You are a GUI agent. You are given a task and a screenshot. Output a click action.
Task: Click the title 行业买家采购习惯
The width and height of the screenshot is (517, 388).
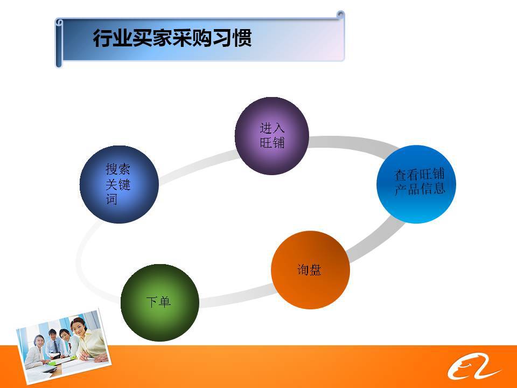click(172, 38)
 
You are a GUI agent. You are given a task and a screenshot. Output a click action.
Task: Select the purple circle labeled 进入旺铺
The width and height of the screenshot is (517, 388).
click(271, 136)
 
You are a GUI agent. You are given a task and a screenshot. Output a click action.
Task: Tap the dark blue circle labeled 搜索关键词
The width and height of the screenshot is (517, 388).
click(119, 184)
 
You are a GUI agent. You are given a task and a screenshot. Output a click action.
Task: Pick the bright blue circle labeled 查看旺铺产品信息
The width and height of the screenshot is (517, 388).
click(416, 184)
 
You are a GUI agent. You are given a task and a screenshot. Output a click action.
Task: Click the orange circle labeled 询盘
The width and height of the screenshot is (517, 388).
click(310, 270)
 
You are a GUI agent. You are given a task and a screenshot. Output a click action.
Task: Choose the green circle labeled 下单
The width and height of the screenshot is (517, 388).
click(160, 302)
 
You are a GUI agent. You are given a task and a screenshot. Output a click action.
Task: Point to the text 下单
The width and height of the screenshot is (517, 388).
click(158, 302)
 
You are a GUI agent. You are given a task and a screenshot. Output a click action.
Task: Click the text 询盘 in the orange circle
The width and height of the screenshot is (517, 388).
click(309, 270)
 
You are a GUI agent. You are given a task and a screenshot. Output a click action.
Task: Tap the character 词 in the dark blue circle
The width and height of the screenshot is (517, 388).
click(111, 199)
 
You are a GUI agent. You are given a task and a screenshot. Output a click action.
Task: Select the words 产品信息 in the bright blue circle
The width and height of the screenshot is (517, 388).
click(420, 189)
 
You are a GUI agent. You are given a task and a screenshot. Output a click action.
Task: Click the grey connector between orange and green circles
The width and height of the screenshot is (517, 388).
click(235, 295)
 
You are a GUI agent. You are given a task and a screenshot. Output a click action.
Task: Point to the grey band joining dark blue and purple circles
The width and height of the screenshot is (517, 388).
click(198, 165)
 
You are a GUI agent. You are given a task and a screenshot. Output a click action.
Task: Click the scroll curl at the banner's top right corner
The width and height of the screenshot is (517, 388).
click(340, 15)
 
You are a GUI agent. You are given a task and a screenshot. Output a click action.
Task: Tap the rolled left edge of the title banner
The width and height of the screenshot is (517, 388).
click(59, 43)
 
